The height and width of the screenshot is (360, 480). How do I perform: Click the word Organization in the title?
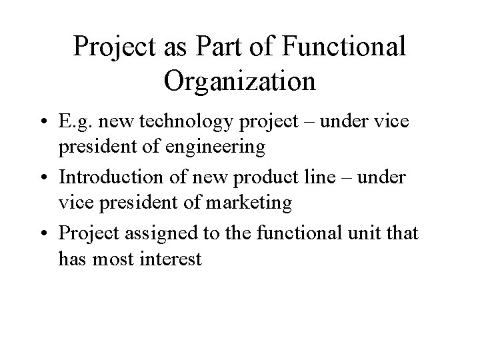tap(239, 80)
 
